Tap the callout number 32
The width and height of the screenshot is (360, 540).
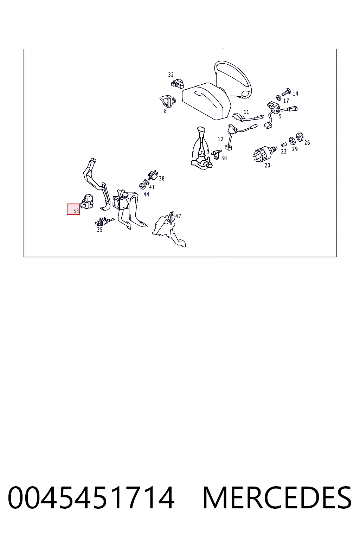coord(171,75)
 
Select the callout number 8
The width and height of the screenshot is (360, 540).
coord(165,111)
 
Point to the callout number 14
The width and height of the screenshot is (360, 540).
coord(295,94)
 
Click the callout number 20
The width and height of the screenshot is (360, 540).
coord(268,166)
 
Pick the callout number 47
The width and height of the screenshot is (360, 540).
coord(178,216)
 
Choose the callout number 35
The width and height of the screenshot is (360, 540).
coord(99,230)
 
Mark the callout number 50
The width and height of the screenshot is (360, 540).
coord(224,159)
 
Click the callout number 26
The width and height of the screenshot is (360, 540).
coord(307,143)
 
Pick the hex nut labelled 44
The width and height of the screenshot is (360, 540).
coord(142,186)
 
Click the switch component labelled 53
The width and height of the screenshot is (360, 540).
coord(87,201)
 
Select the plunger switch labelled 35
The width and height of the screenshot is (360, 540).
coord(104,221)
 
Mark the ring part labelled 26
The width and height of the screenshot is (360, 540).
coord(300,137)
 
